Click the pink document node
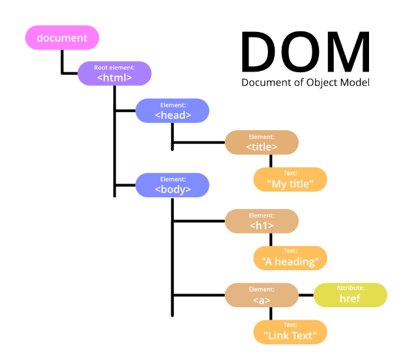pos(62,38)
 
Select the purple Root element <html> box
pos(115,74)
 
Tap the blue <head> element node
pos(172,111)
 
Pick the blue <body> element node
pos(172,186)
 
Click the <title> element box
pos(262,143)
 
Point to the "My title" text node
pos(290,180)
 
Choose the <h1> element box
pos(262,221)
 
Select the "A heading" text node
pos(290,258)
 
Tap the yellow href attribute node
pos(350,295)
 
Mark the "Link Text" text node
pos(290,331)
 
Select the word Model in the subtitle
pos(355,83)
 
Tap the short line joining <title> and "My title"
pos(271,161)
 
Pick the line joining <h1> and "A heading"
pos(271,239)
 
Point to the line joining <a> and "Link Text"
pos(271,313)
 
